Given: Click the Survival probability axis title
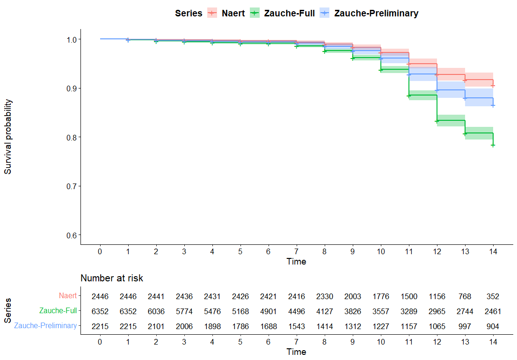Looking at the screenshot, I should [x=8, y=137].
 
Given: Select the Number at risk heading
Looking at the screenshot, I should [x=112, y=278].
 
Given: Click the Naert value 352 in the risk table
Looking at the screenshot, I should [x=493, y=296].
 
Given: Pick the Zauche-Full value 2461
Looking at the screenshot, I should [x=493, y=311].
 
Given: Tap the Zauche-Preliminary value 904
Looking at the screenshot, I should [x=493, y=326].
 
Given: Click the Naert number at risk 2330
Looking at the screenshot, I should [x=324, y=296].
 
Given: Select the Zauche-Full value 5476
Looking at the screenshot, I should [x=212, y=311].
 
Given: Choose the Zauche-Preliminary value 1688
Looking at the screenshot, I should [x=268, y=326].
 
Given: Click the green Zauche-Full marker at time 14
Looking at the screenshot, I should [x=493, y=145].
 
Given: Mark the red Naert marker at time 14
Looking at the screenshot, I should [x=493, y=86].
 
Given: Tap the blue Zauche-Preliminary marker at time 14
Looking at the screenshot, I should [x=493, y=105].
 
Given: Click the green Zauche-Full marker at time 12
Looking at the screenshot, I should [x=437, y=121].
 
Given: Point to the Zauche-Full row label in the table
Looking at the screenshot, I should [x=58, y=311].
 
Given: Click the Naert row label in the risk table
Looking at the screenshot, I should [x=67, y=296].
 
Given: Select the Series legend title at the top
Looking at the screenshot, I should [x=189, y=13].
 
